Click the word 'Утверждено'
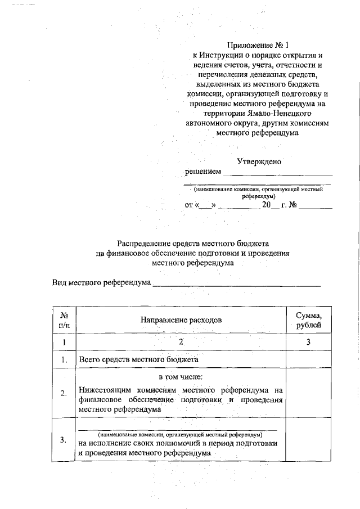tap(259, 161)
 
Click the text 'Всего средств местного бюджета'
tap(138, 359)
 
